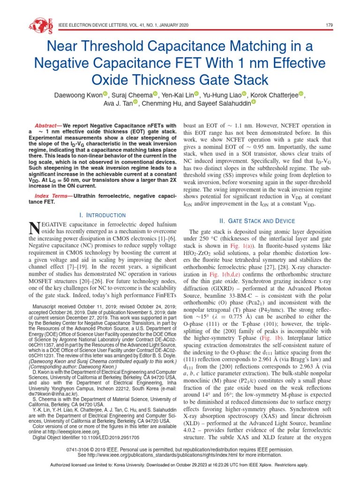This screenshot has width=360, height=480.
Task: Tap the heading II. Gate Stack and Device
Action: (257, 221)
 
